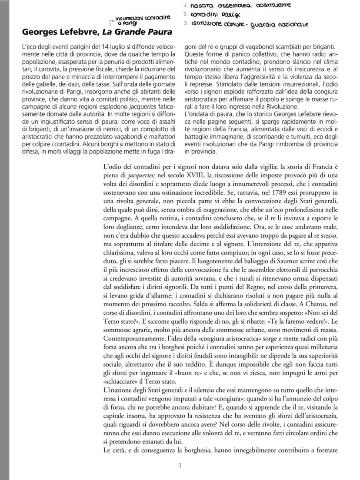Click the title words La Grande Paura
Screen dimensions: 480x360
coord(140,32)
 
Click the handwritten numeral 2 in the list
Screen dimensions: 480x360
coord(185,14)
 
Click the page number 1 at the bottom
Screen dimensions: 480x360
coord(180,465)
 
